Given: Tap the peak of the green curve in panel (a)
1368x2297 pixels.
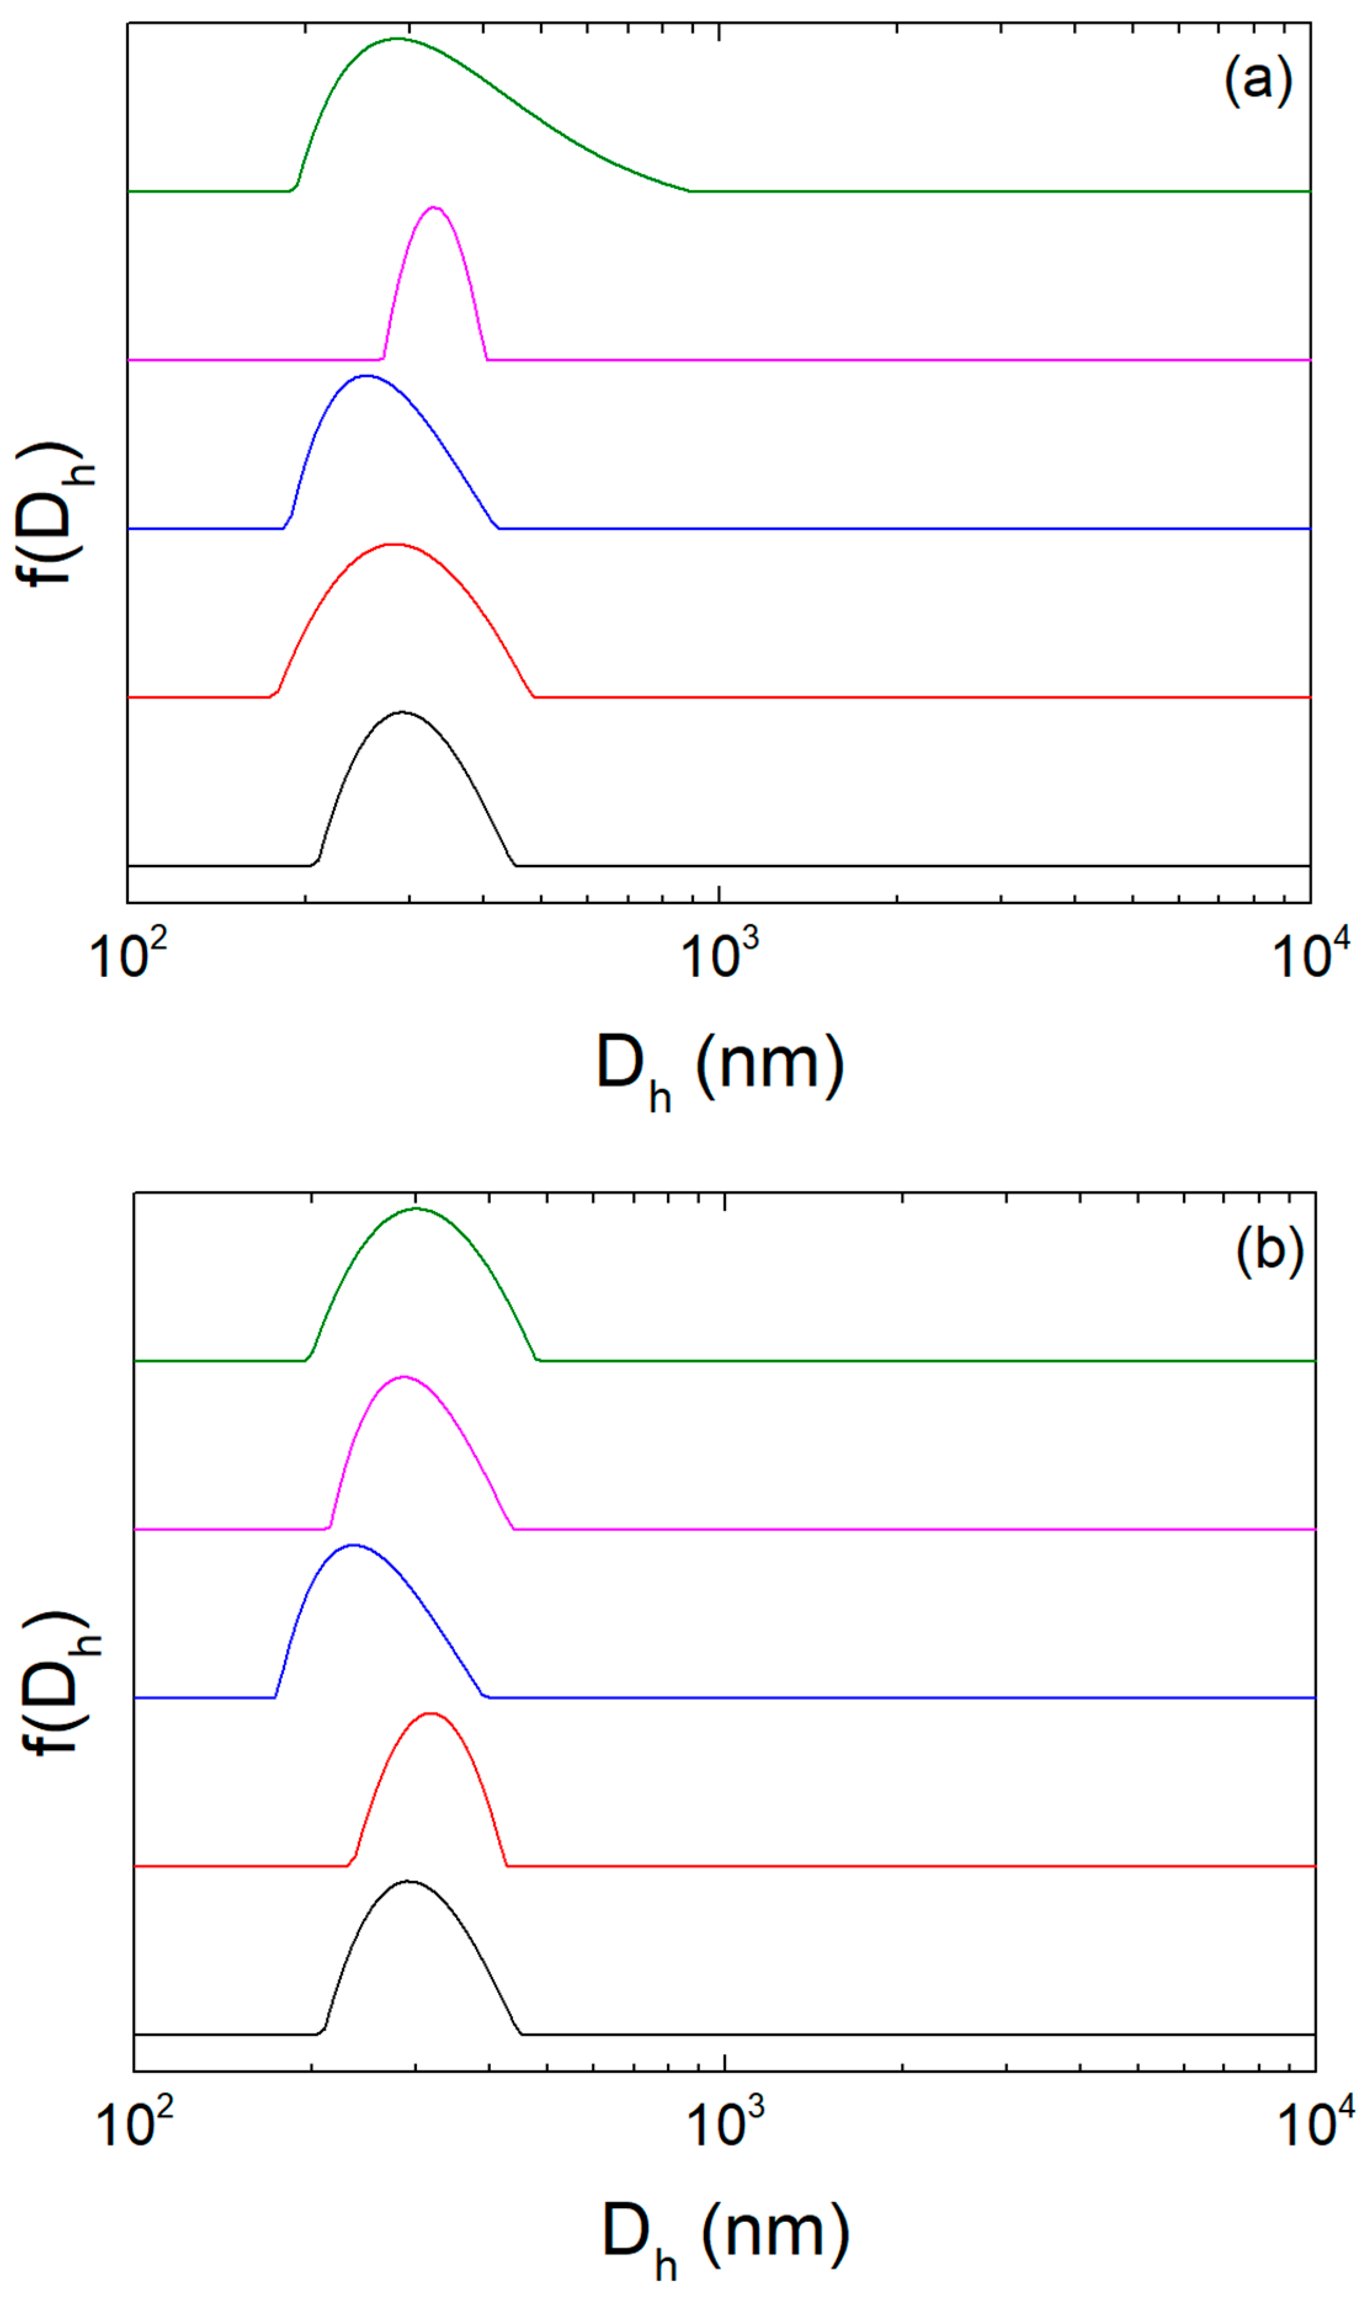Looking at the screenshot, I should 396,39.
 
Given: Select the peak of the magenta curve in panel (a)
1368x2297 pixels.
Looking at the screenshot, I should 434,207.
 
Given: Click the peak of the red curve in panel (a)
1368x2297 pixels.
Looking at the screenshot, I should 393,545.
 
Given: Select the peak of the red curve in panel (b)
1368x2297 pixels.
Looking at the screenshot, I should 430,1713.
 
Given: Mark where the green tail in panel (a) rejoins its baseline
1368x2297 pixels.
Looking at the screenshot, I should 690,191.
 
